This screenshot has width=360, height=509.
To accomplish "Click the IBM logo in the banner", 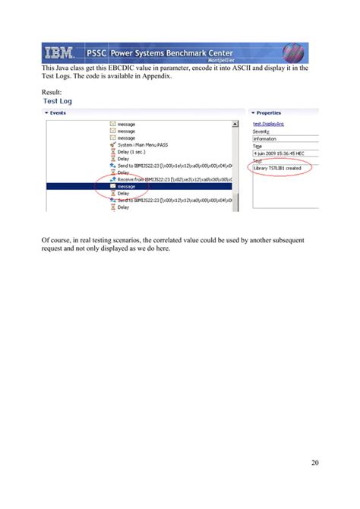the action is [58, 53].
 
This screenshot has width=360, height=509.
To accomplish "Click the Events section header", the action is [58, 112].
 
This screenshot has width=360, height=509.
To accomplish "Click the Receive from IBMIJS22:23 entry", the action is [171, 179].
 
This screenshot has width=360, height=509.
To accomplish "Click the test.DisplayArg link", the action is [269, 123].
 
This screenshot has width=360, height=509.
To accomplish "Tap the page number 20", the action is [314, 461].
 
